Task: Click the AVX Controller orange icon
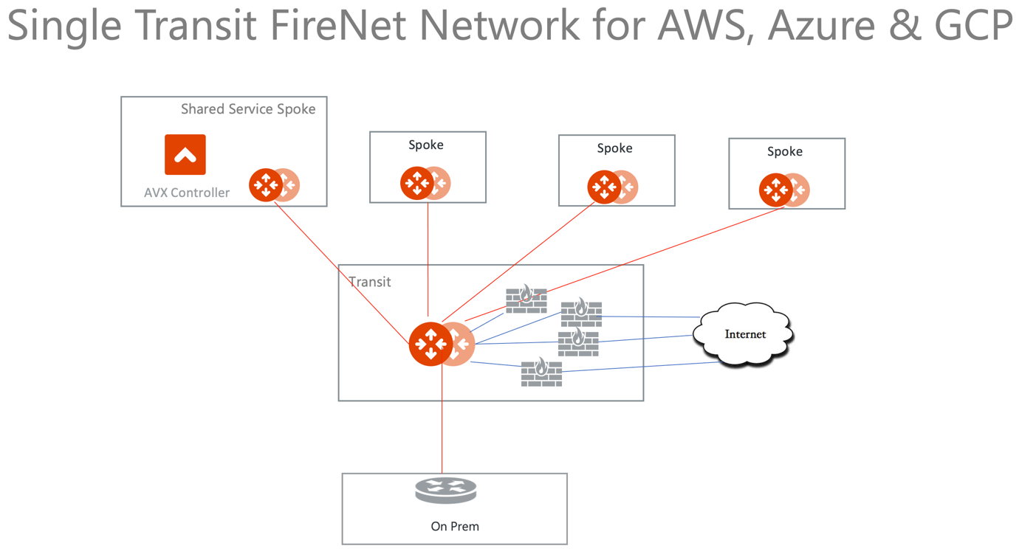[x=185, y=154]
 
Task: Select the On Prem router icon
[x=445, y=491]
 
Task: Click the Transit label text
[x=369, y=282]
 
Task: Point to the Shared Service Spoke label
[x=248, y=109]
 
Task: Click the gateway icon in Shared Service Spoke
[x=274, y=184]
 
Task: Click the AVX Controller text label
[x=187, y=193]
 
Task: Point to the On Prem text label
[x=455, y=526]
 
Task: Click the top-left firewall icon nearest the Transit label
[x=526, y=300]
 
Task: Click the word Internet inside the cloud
[x=745, y=334]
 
